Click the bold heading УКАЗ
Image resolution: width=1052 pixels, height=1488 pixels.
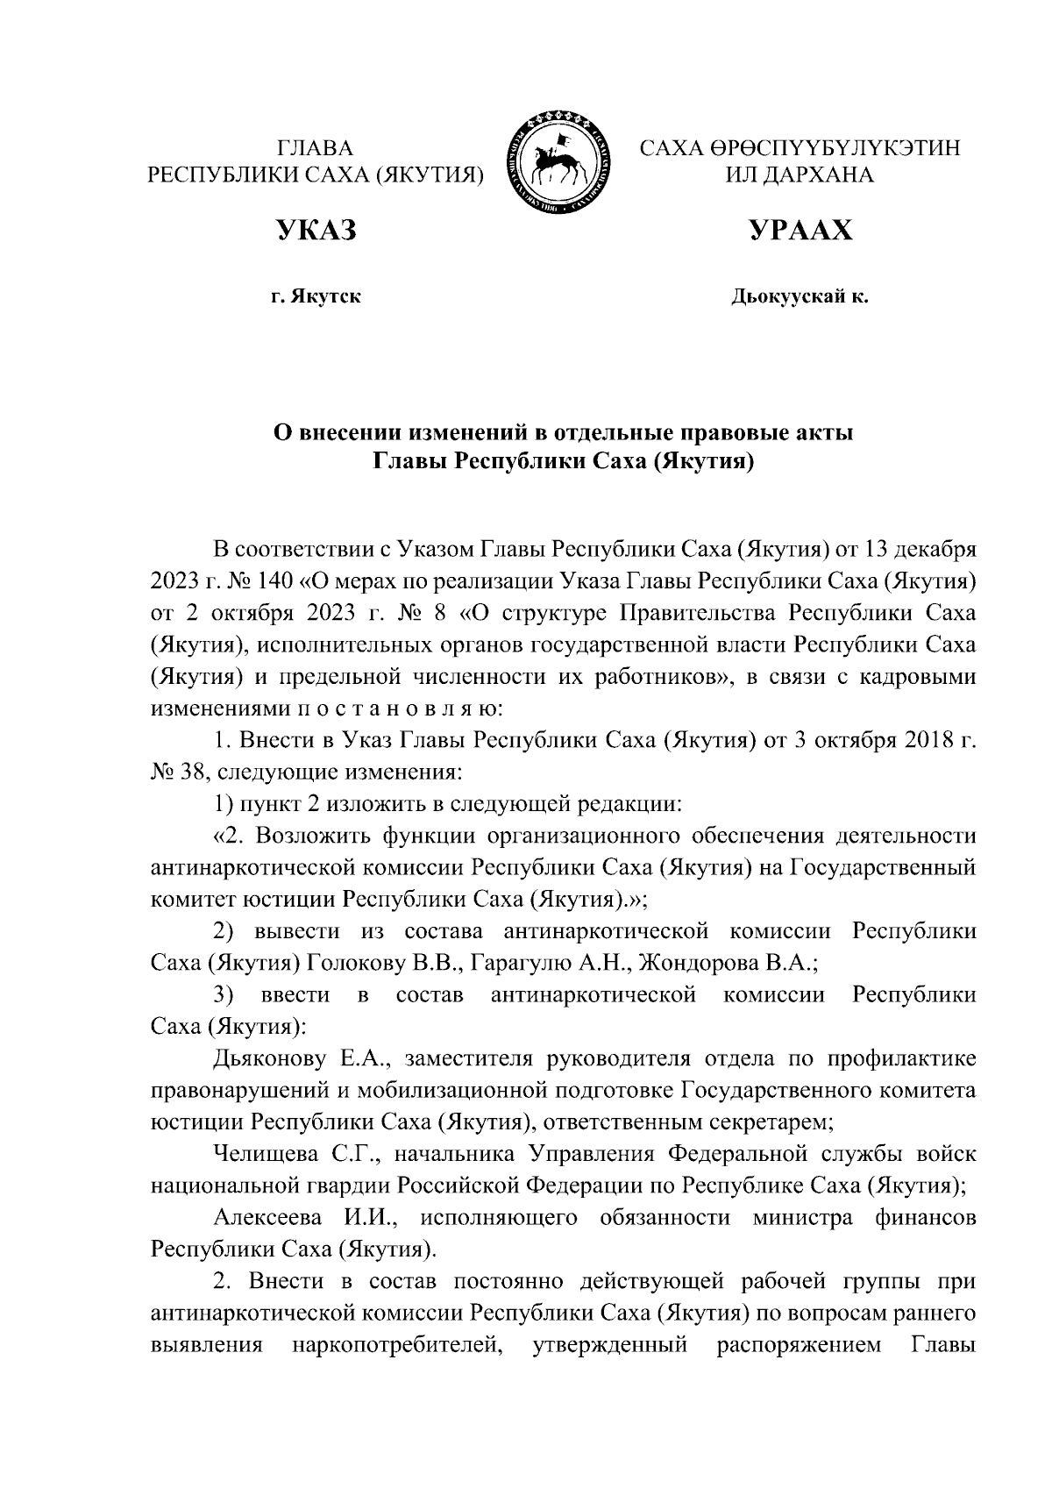coord(316,231)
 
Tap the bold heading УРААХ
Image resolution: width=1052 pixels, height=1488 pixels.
coord(800,231)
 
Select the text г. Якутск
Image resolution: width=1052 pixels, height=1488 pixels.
coord(316,298)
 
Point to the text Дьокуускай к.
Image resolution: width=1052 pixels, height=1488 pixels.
coord(800,298)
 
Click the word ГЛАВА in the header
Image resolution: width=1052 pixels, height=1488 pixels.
coord(316,147)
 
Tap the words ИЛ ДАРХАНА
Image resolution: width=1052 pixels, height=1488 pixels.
coord(800,174)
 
